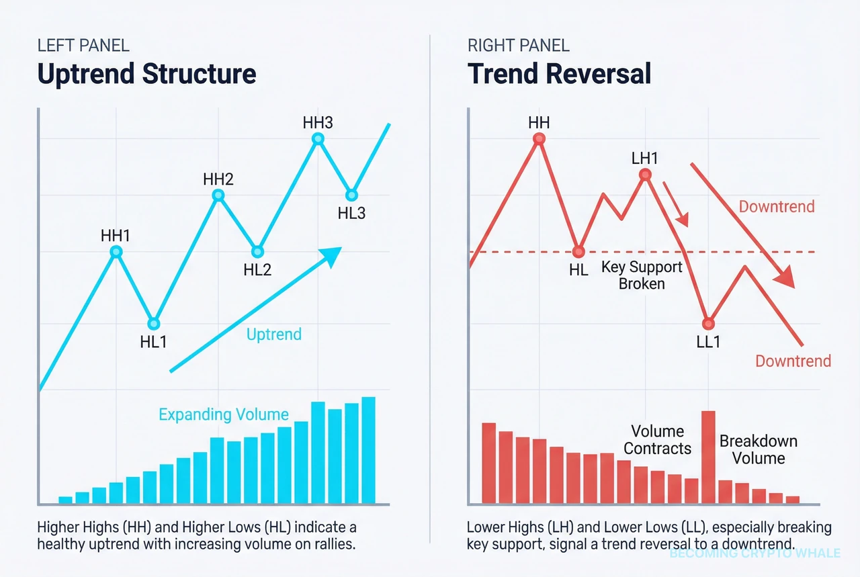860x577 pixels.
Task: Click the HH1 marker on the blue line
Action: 116,252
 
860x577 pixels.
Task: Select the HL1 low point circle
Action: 154,323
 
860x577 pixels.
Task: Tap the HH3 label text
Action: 318,123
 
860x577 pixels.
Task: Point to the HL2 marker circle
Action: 257,252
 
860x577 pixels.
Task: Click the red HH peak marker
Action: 539,140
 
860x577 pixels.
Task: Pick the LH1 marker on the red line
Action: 645,175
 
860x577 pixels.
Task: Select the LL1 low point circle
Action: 707,323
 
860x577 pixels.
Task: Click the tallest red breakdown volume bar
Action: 708,457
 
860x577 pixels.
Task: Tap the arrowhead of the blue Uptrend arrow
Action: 333,255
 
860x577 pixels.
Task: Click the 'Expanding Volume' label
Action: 224,414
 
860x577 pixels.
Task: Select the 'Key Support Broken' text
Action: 642,275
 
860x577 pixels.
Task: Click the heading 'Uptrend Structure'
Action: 147,73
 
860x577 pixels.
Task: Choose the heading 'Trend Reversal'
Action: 560,73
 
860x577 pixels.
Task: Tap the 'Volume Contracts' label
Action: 657,440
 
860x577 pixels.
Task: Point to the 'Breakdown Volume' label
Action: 759,449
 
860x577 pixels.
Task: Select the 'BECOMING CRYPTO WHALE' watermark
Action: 755,553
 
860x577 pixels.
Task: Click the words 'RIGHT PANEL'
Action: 518,46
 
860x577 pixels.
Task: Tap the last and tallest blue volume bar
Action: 368,450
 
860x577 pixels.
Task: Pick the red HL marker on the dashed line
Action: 578,252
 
